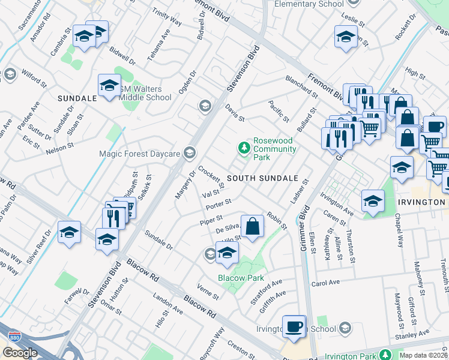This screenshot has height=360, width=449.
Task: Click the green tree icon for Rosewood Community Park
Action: tap(244, 147)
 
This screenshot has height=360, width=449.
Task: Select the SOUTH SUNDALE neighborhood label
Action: tap(262, 179)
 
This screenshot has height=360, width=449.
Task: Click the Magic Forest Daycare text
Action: tap(139, 154)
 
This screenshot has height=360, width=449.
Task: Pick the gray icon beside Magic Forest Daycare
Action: tap(191, 153)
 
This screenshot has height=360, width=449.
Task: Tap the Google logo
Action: tap(20, 353)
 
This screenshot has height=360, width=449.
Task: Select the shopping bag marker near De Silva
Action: tap(253, 227)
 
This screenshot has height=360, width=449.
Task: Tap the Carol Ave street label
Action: tap(325, 282)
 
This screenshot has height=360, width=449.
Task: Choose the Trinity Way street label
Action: tap(167, 20)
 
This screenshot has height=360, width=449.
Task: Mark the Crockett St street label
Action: tap(211, 176)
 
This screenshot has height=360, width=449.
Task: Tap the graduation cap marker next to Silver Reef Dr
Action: tap(70, 232)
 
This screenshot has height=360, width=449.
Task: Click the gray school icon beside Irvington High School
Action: tap(345, 328)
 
